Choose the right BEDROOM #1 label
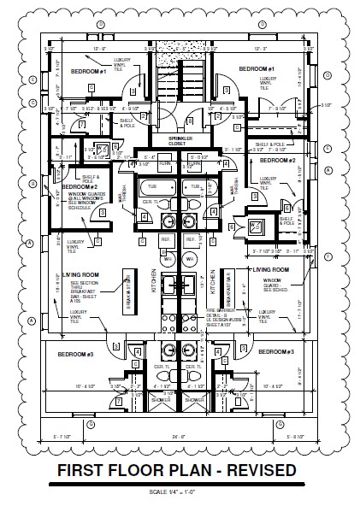256,68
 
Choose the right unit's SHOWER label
196,398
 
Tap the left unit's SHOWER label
161,398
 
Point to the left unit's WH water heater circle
168,257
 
